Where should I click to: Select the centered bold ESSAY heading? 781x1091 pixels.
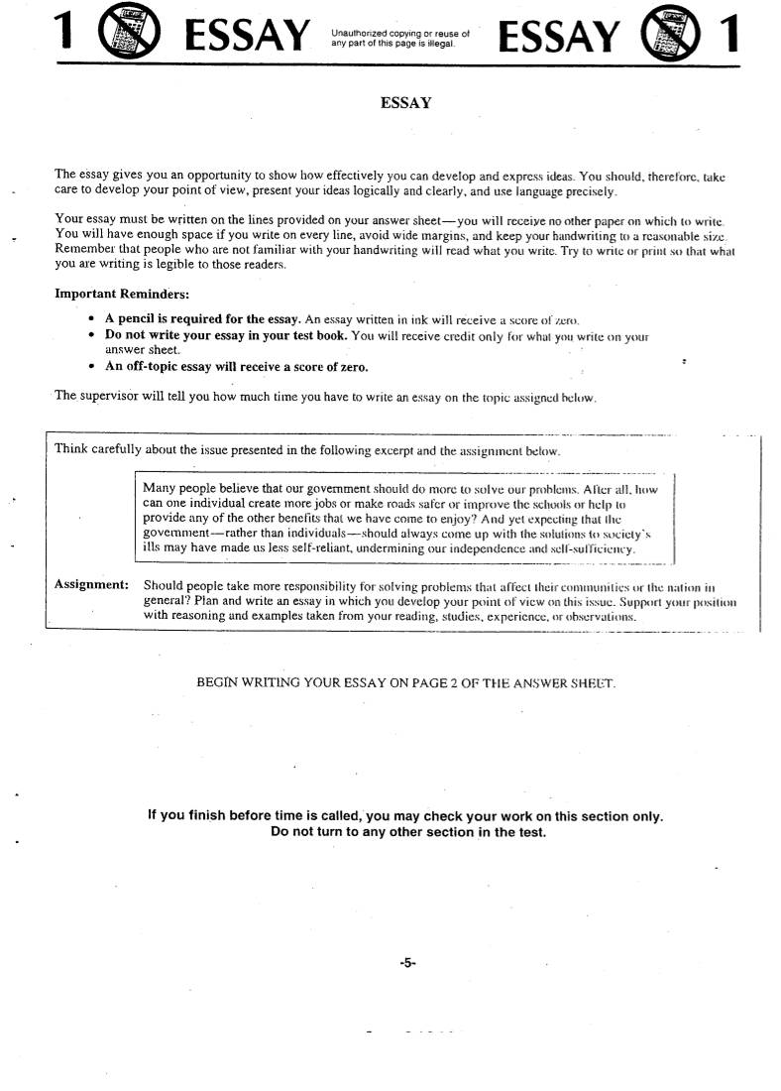tap(405, 102)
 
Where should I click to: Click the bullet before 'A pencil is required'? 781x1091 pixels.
tap(91, 319)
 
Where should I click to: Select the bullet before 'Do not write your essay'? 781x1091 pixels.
tap(91, 335)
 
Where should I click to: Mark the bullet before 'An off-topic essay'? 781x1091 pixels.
tap(91, 367)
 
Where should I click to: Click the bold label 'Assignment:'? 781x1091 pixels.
tap(91, 584)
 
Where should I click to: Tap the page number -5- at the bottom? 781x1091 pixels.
tap(406, 962)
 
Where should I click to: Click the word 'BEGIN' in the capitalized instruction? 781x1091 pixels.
tap(219, 683)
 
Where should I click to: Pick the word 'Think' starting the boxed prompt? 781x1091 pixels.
tap(70, 448)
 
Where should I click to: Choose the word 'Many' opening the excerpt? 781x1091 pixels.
tap(159, 488)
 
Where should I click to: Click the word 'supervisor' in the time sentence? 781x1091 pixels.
tap(106, 396)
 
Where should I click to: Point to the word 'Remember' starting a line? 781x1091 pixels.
tap(82, 248)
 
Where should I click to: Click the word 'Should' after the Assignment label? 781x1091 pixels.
tap(164, 584)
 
